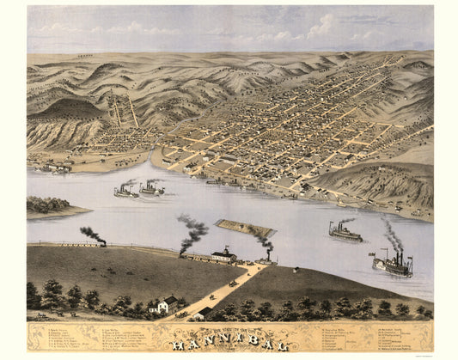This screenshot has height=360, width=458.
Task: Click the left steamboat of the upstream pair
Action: click(125, 192)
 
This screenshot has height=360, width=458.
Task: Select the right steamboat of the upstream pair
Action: click(151, 189)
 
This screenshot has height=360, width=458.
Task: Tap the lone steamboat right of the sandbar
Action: click(345, 233)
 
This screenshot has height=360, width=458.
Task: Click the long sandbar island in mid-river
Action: click(245, 228)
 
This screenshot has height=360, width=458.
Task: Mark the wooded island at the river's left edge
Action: click(50, 206)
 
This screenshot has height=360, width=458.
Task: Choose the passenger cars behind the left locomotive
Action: click(60, 244)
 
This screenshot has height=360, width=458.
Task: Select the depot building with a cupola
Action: click(223, 254)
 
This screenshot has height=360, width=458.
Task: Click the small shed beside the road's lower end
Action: click(205, 311)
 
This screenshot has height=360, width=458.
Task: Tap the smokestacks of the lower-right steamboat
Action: click(398, 255)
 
